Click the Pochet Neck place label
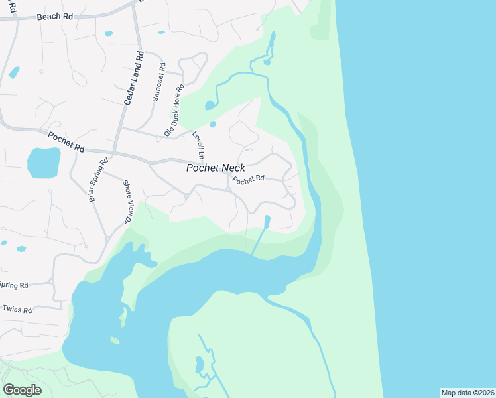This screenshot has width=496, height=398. pyautogui.click(x=216, y=168)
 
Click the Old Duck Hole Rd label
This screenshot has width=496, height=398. pyautogui.click(x=174, y=110)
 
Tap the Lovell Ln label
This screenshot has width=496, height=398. pyautogui.click(x=198, y=144)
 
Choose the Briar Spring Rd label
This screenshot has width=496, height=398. pyautogui.click(x=97, y=181)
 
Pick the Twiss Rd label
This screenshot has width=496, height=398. pyautogui.click(x=17, y=309)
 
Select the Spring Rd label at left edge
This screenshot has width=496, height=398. pyautogui.click(x=13, y=285)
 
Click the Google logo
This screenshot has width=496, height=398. pyautogui.click(x=22, y=389)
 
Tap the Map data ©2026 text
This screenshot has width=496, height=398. pyautogui.click(x=467, y=393)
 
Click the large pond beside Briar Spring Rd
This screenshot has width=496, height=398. pyautogui.click(x=43, y=163)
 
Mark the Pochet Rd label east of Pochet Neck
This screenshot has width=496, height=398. pyautogui.click(x=249, y=179)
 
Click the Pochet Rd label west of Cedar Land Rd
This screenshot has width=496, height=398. pyautogui.click(x=66, y=141)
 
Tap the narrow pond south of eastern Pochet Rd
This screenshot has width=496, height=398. pyautogui.click(x=267, y=221)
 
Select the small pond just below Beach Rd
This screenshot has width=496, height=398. pyautogui.click(x=109, y=33)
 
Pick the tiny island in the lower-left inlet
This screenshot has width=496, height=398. pyautogui.click(x=115, y=340)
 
